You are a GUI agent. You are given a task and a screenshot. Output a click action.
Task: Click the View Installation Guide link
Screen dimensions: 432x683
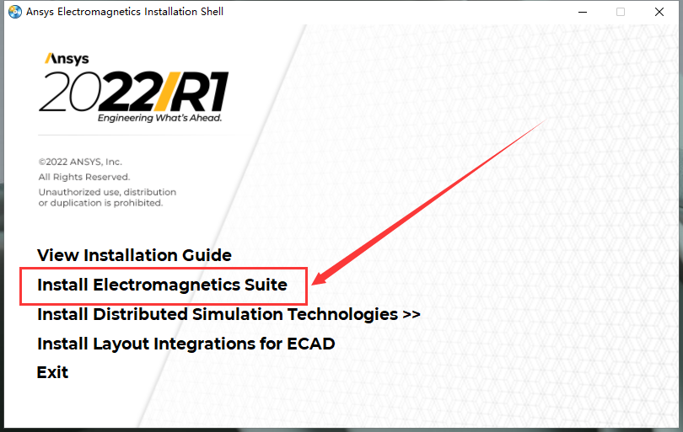pos(134,255)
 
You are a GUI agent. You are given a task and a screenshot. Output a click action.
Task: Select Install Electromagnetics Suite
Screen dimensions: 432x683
pos(162,285)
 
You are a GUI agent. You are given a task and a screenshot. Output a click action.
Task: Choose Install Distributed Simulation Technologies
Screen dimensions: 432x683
pos(217,314)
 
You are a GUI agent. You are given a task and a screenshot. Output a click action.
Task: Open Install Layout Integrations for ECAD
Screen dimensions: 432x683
pos(186,344)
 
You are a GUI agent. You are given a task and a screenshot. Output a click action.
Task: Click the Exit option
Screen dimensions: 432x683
pos(52,372)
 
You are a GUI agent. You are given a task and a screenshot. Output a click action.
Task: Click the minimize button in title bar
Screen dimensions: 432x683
pos(581,12)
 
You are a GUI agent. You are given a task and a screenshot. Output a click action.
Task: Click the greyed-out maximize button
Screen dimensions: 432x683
pos(621,12)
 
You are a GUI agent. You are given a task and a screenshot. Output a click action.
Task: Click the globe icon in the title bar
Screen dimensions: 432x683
pos(14,12)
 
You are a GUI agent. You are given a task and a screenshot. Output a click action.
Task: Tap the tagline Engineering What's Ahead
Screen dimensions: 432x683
pos(159,119)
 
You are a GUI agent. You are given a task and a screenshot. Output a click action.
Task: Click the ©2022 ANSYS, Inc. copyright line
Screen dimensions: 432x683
pos(80,161)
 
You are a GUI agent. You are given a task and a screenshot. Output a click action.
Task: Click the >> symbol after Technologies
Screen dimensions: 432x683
pos(411,314)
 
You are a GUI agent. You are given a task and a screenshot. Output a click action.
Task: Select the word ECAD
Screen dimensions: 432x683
pos(310,344)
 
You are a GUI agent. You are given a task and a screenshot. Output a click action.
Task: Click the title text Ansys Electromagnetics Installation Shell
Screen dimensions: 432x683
pos(125,12)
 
